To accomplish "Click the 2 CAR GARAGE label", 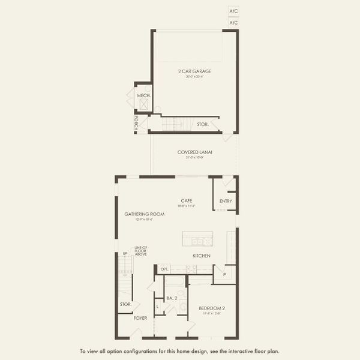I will [195, 71].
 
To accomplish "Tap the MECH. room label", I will [143, 96].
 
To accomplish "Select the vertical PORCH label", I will [137, 123].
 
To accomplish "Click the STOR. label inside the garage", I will [203, 124].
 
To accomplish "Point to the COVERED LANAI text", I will [195, 152].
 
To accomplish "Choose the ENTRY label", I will [226, 201].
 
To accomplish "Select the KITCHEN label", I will [201, 256].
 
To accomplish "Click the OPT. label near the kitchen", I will [164, 269].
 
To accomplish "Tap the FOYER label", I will [140, 318].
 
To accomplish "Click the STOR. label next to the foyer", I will [125, 305].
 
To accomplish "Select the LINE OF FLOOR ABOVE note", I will [141, 250].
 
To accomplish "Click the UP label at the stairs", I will [125, 253].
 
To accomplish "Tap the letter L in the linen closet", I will [157, 307].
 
